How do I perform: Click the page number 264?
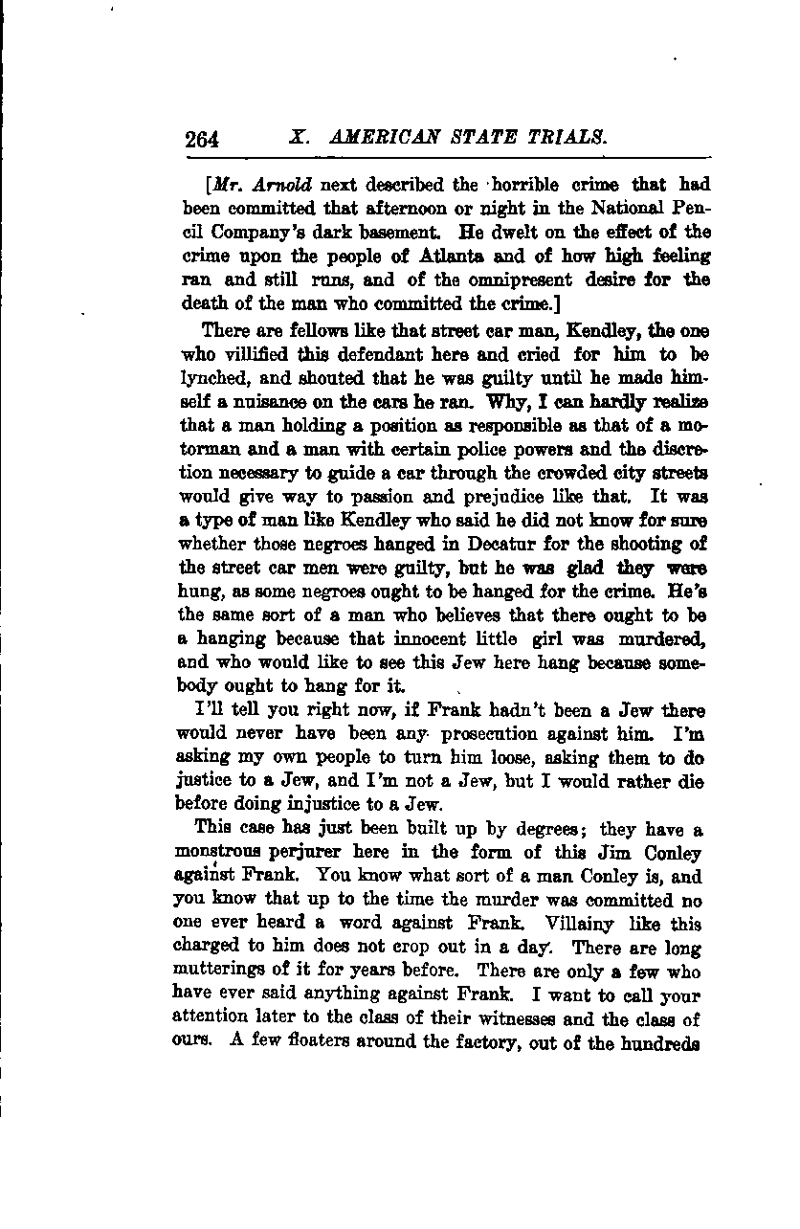point(203,139)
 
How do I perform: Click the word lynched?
point(212,376)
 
